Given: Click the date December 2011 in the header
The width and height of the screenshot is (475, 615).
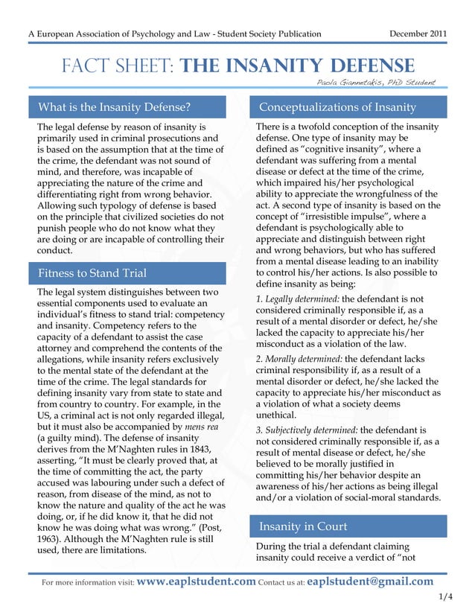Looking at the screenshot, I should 419,34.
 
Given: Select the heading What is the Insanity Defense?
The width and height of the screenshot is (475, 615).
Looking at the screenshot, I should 114,107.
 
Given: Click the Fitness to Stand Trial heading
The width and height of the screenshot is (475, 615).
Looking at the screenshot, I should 92,273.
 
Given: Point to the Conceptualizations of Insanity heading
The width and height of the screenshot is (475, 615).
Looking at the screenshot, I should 337,107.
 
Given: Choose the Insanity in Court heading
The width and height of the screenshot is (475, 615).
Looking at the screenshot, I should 303,526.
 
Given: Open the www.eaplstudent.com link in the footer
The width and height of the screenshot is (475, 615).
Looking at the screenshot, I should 197,581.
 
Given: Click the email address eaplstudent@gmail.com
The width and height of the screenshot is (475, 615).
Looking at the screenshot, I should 370,581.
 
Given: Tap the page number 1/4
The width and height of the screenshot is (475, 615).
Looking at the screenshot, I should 446,596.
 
